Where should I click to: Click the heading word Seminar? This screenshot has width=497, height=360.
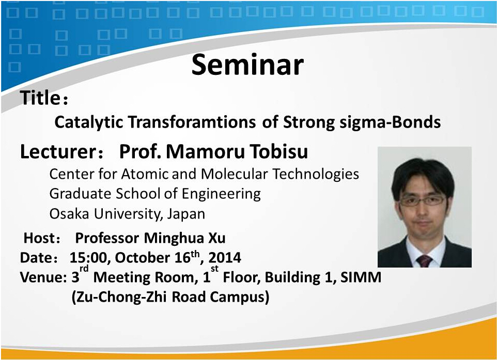[247, 65]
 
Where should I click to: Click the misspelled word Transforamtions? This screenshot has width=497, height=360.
[192, 122]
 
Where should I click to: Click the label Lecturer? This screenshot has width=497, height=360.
[58, 151]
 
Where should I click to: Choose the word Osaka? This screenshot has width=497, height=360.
[69, 214]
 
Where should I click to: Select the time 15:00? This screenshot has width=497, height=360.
[90, 258]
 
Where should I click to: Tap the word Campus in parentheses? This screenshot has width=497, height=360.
[239, 298]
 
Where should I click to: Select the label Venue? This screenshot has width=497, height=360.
[41, 277]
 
